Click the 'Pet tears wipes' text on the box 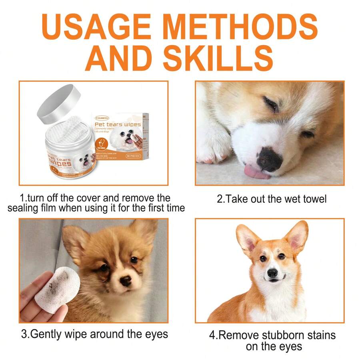click(x=118, y=124)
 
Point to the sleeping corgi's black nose click(x=269, y=159)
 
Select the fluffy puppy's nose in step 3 click(x=125, y=281)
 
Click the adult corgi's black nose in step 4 click(x=272, y=273)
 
